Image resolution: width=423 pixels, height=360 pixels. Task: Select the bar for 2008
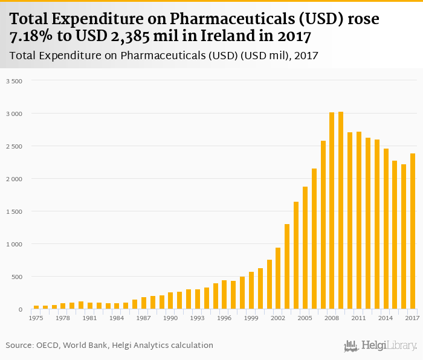(332, 211)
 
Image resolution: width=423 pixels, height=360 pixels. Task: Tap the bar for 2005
(305, 248)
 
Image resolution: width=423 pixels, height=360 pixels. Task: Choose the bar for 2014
(386, 229)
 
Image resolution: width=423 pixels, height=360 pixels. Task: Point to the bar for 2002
(278, 278)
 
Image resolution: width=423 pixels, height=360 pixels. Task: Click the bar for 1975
(36, 307)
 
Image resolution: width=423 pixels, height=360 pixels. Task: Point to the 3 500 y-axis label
(14, 81)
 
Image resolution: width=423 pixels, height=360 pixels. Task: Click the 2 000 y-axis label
(14, 179)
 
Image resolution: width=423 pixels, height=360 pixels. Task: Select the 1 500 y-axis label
(14, 211)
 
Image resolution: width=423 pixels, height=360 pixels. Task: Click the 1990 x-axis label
(170, 318)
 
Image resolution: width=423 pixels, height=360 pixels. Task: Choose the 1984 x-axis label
(117, 318)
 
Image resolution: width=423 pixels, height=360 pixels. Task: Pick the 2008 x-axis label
(332, 318)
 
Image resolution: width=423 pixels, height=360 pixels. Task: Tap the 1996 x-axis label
(224, 318)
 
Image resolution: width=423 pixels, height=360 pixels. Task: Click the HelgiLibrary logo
(380, 346)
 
